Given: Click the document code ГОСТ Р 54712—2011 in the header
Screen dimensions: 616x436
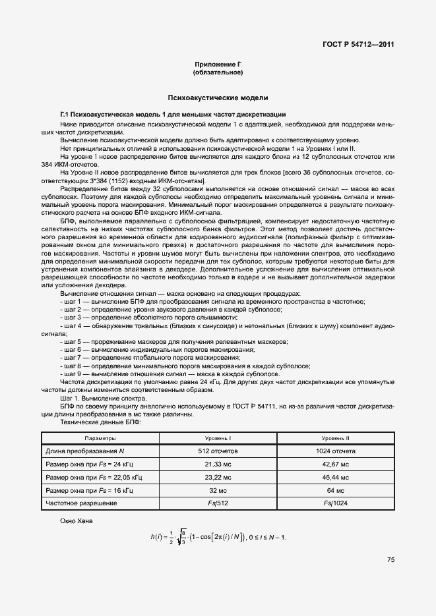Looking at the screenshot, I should click(x=358, y=44).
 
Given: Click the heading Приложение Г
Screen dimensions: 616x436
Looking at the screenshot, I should click(x=218, y=64).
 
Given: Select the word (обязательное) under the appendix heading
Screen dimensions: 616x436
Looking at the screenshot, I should click(x=218, y=72).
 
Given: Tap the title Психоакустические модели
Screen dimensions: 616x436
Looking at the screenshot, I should click(x=218, y=98).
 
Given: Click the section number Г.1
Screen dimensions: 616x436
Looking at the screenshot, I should click(x=65, y=115).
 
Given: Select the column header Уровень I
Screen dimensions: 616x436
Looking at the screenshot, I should click(x=220, y=438).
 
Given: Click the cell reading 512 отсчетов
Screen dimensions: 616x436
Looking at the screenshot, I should click(x=220, y=451).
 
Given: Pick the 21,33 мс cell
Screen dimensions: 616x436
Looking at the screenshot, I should click(x=220, y=464).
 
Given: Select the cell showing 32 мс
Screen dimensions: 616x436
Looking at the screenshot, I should click(x=220, y=491).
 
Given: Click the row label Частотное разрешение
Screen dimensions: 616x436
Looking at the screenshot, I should click(x=81, y=503).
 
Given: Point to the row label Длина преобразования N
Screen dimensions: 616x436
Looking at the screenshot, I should click(x=84, y=451).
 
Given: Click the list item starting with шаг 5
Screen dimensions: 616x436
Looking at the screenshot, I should click(x=173, y=342).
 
